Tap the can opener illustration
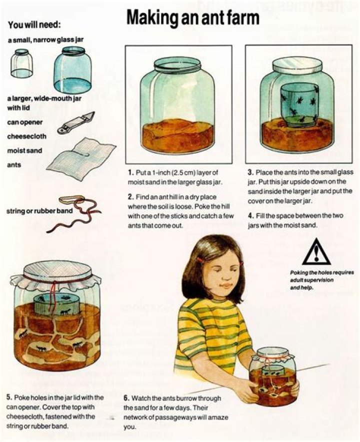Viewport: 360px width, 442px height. (76, 123)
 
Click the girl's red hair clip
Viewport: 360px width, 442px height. (200, 260)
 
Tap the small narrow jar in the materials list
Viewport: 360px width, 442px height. (21, 64)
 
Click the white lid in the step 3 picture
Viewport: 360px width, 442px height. (297, 66)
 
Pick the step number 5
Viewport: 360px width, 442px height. (8, 397)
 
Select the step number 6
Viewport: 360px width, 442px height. (126, 398)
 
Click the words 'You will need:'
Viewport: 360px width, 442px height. (34, 25)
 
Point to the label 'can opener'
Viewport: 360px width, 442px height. (25, 123)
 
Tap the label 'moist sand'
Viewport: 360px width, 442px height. (24, 151)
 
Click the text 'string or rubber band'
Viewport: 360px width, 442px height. (39, 211)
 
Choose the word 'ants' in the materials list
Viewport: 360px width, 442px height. (14, 165)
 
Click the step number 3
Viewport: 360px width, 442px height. (250, 172)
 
